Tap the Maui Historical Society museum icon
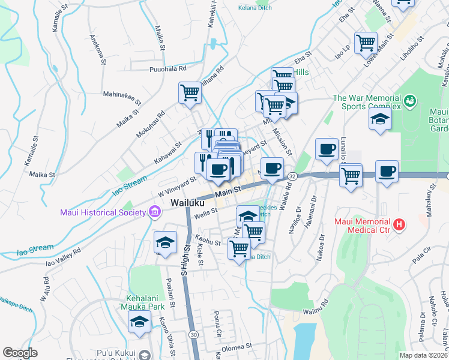pyautogui.click(x=155, y=212)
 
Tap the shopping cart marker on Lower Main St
pyautogui.click(x=366, y=43)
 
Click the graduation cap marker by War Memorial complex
pyautogui.click(x=381, y=119)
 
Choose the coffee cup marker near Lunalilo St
pyautogui.click(x=327, y=149)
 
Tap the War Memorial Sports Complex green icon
pyautogui.click(x=411, y=100)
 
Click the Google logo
pyautogui.click(x=20, y=353)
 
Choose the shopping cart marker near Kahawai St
pyautogui.click(x=190, y=93)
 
